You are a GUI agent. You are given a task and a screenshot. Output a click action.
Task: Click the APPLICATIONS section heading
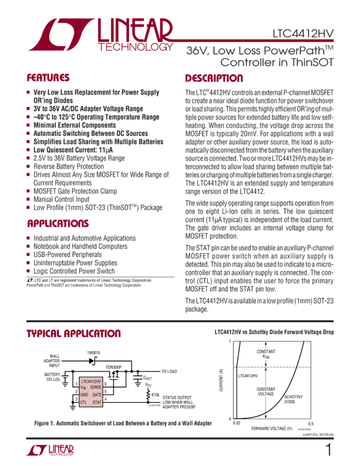58,224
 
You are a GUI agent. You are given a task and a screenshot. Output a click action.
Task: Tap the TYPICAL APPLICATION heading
74,334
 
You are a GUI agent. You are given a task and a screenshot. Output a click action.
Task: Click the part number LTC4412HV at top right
302,33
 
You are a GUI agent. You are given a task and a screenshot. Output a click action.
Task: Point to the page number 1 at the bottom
328,450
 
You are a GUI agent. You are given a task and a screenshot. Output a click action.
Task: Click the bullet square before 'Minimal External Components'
28,125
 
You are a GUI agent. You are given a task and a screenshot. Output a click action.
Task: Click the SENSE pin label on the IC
95,387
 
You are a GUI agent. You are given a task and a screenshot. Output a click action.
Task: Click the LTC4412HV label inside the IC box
90,380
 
